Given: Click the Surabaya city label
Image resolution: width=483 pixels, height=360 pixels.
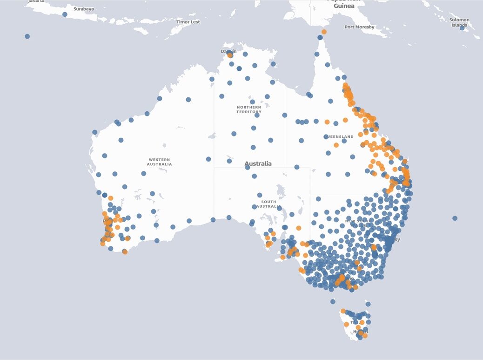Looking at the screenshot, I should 84,9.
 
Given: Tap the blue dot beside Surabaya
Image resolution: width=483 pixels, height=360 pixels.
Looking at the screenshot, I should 65,14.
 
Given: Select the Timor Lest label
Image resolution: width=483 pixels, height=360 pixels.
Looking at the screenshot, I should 188,22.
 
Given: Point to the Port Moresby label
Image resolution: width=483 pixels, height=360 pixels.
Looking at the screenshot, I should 359,27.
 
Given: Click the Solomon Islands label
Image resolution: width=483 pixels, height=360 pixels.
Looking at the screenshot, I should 459,22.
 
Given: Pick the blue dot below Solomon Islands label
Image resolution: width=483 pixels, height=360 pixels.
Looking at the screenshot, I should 462,28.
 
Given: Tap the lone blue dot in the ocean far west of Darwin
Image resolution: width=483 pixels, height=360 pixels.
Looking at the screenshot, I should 27,36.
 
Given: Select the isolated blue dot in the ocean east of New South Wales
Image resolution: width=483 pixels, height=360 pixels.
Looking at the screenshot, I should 455,218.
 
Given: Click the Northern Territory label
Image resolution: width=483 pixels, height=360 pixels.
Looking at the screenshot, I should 249,109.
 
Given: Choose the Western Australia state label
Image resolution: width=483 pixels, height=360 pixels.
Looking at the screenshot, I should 159,162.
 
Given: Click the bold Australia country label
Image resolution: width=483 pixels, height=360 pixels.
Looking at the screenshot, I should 258,163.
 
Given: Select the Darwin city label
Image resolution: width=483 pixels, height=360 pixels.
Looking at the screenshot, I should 228,51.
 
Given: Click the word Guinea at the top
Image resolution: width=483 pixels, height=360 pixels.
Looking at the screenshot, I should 344,6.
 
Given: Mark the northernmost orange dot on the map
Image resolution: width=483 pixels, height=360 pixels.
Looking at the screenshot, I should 324,32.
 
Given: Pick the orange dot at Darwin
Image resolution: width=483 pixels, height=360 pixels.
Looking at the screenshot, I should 230,55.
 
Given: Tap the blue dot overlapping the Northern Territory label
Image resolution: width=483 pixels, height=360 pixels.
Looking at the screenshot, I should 252,102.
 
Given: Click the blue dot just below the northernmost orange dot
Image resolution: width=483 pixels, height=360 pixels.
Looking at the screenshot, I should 320,37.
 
